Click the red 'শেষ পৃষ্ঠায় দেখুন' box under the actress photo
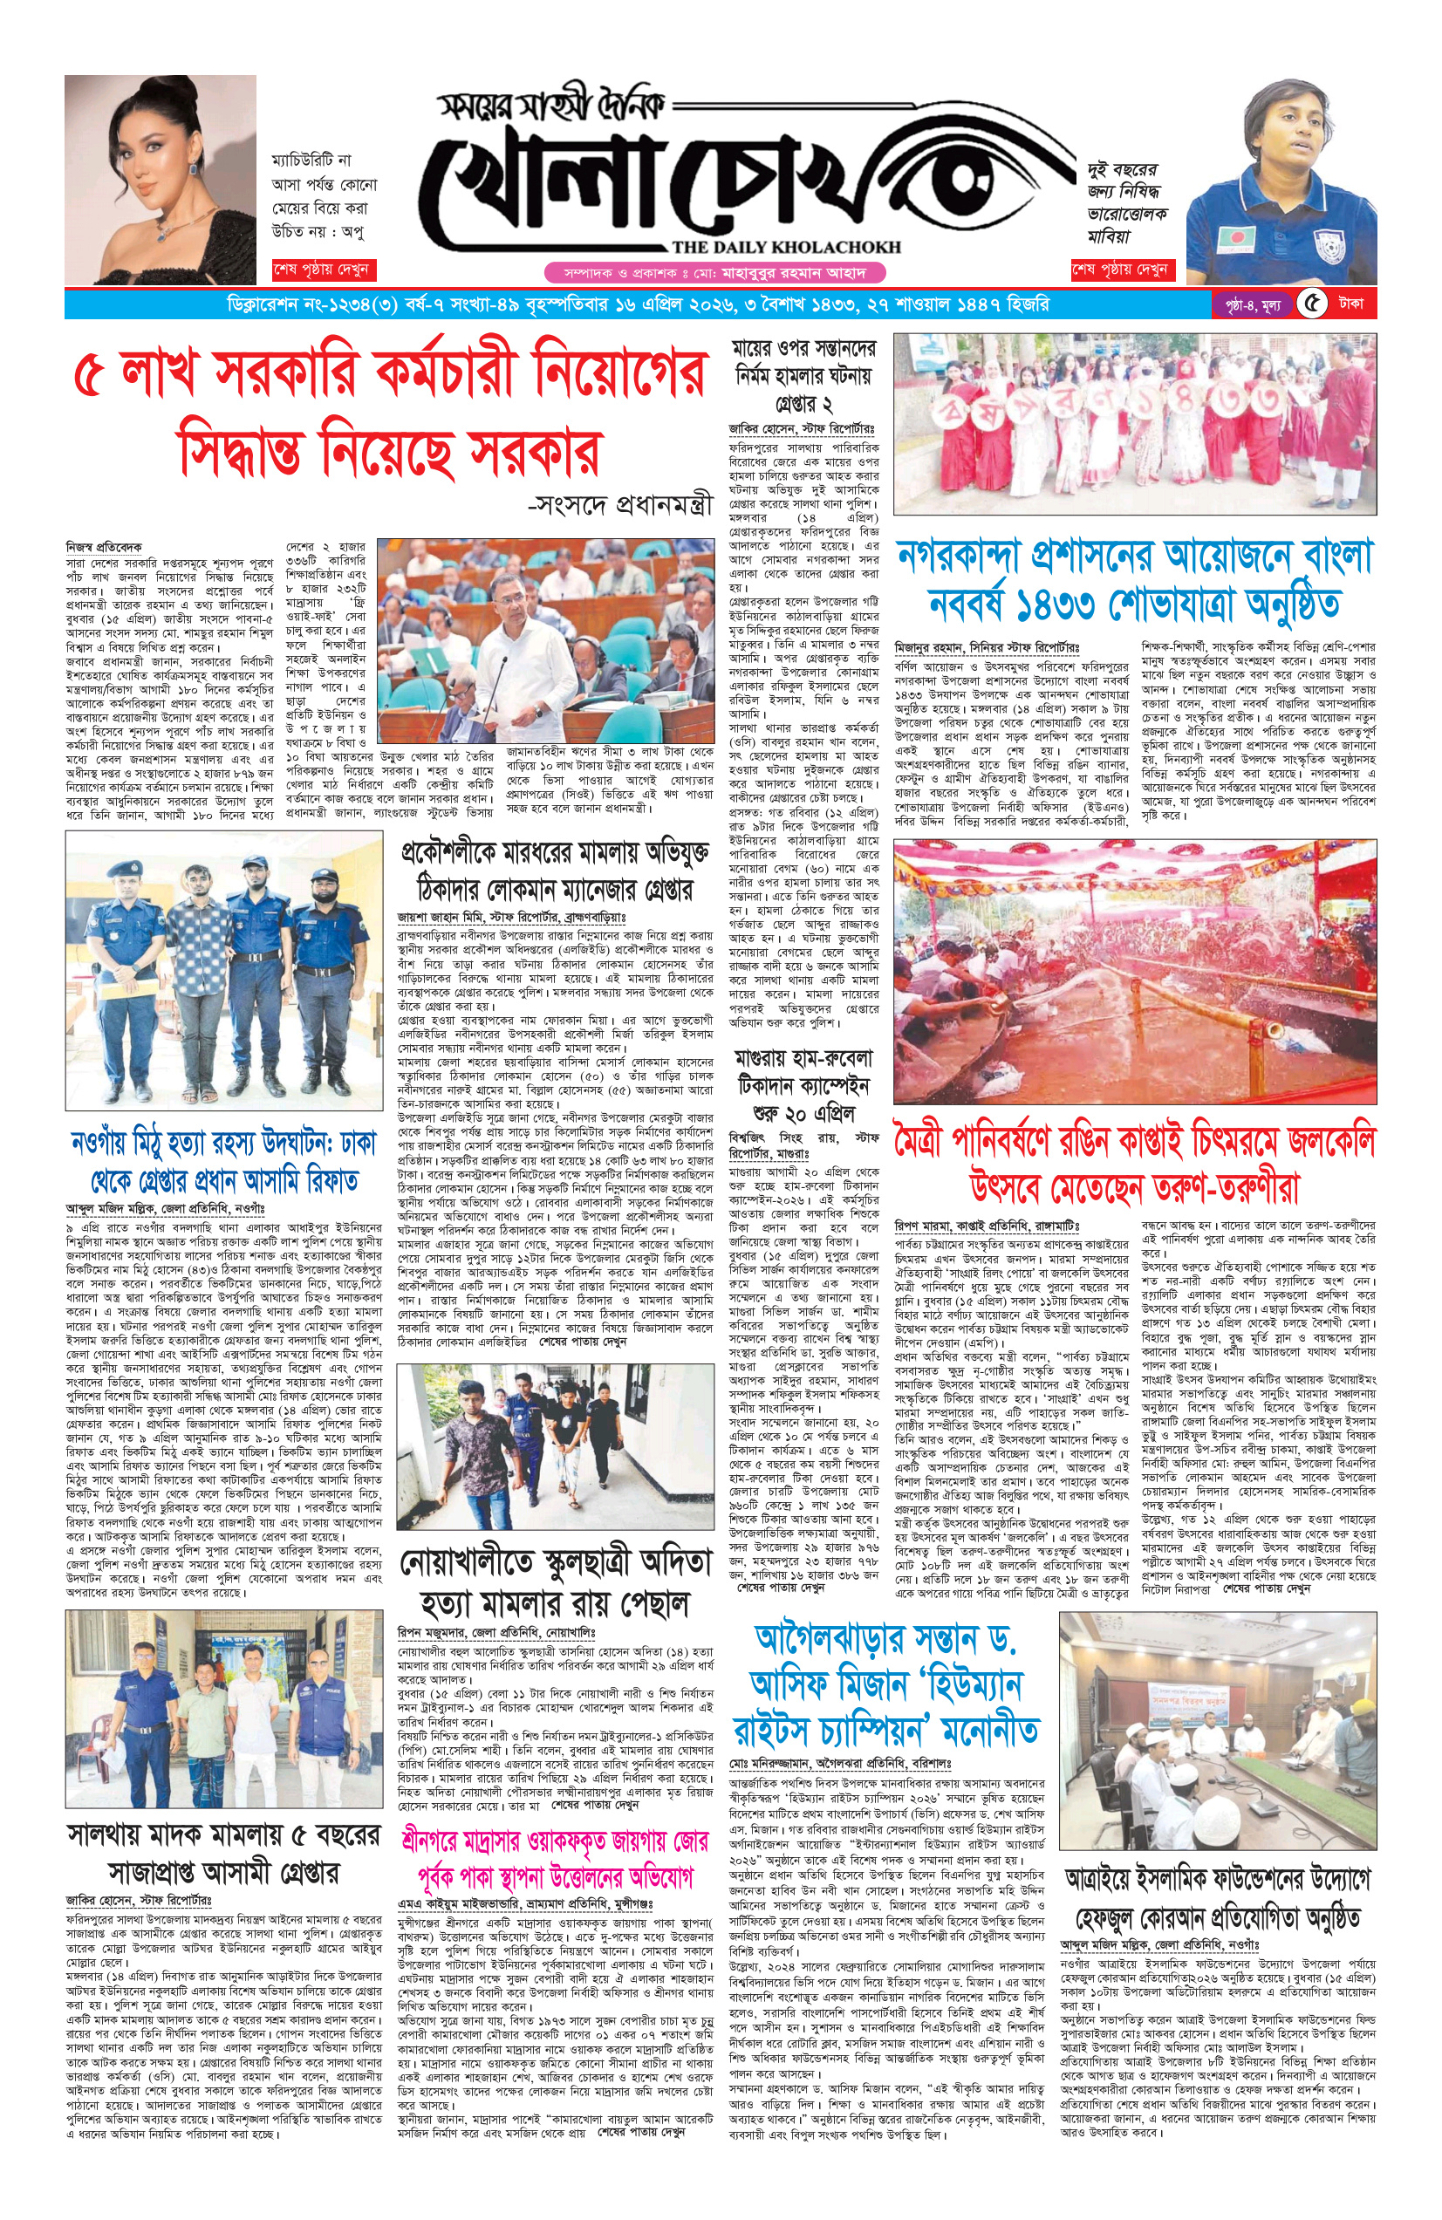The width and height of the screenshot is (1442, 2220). [322, 270]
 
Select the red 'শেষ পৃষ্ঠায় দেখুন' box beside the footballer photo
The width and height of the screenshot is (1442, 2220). [1121, 270]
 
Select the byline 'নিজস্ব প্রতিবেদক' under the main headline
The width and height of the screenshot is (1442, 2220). [104, 546]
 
